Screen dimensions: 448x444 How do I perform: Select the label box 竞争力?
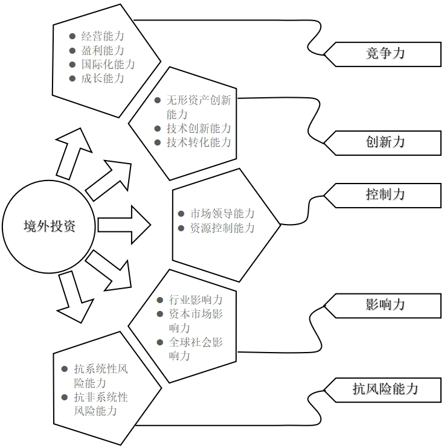coord(385,53)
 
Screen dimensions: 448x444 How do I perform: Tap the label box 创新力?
coord(385,142)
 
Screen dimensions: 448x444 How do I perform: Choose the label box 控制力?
coord(385,194)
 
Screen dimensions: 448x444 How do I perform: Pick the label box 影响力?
coord(385,304)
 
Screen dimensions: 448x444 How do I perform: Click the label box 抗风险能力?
coord(385,388)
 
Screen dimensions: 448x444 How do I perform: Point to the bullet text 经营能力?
coord(103,37)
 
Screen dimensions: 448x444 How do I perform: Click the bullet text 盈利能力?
coord(103,51)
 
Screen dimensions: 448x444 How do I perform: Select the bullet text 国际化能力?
coord(108,65)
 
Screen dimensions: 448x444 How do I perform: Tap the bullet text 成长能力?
coord(103,78)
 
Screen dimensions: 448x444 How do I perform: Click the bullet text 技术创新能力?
coord(198,129)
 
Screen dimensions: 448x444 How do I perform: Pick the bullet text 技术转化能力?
coord(198,142)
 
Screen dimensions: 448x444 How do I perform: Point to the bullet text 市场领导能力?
coord(222,214)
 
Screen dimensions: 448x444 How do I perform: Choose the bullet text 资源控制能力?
coord(222,228)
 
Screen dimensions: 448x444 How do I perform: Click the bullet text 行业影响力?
coord(195,300)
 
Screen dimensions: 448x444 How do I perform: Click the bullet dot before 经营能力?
coord(72,37)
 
